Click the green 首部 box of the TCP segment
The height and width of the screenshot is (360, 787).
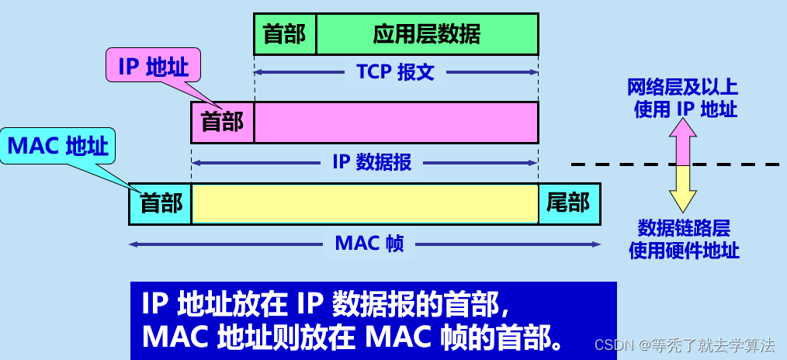(x=285, y=34)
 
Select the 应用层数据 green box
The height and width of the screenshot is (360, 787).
(x=427, y=34)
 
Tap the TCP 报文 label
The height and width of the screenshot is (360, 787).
(x=395, y=72)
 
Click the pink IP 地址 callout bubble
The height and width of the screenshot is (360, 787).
(x=153, y=67)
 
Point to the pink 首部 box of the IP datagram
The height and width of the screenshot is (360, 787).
(x=223, y=122)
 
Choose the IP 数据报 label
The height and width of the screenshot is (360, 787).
(x=372, y=162)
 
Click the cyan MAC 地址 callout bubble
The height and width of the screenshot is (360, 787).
(x=58, y=146)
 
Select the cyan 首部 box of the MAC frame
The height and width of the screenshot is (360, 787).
(x=161, y=203)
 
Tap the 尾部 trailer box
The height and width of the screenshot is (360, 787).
(x=568, y=203)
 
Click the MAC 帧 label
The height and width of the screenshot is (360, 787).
(x=369, y=244)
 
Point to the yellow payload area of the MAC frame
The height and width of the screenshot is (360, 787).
(x=365, y=203)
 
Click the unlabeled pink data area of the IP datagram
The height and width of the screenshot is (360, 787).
(x=396, y=122)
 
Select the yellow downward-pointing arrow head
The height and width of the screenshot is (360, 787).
(x=683, y=200)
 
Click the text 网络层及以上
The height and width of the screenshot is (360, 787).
(x=683, y=88)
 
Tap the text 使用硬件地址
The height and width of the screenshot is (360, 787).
(x=683, y=250)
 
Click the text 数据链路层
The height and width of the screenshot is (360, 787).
(x=683, y=228)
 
